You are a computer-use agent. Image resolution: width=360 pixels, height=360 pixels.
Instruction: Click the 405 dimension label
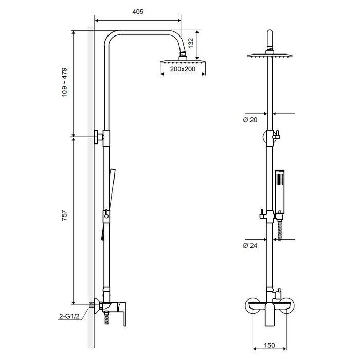click(138, 12)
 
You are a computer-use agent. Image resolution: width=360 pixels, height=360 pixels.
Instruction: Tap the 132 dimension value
click(191, 43)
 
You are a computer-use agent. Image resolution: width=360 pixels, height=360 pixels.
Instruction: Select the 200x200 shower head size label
click(183, 69)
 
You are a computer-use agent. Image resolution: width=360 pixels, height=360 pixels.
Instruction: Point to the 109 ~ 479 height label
click(65, 82)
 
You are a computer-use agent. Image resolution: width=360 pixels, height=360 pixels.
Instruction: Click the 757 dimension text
click(65, 215)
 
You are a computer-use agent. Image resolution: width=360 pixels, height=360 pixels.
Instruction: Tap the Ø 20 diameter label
click(250, 120)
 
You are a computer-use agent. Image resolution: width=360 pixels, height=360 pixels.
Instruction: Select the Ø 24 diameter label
click(250, 245)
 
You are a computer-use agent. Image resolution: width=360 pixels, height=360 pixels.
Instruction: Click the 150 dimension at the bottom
click(269, 345)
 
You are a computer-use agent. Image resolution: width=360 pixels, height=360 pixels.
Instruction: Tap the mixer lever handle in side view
click(122, 313)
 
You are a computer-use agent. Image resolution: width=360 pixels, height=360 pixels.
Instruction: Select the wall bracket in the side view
click(99, 137)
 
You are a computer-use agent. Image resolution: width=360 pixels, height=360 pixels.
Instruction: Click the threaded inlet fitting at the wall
click(92, 305)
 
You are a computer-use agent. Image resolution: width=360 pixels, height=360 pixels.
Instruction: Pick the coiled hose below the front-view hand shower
click(280, 230)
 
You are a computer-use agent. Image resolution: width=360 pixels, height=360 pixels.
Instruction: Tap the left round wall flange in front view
click(254, 305)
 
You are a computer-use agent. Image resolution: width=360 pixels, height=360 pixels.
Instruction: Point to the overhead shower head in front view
click(270, 56)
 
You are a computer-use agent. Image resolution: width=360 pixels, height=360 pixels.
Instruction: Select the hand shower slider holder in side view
click(106, 217)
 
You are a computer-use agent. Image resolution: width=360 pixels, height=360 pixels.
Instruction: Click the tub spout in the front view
click(270, 314)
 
